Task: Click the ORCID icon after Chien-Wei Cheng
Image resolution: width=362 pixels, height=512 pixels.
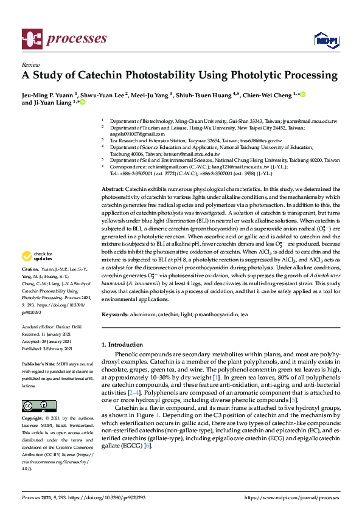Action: [x=302, y=94]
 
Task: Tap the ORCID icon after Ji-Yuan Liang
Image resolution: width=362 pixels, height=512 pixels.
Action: [x=83, y=103]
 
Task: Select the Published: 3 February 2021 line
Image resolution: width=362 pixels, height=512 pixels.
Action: [x=47, y=348]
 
